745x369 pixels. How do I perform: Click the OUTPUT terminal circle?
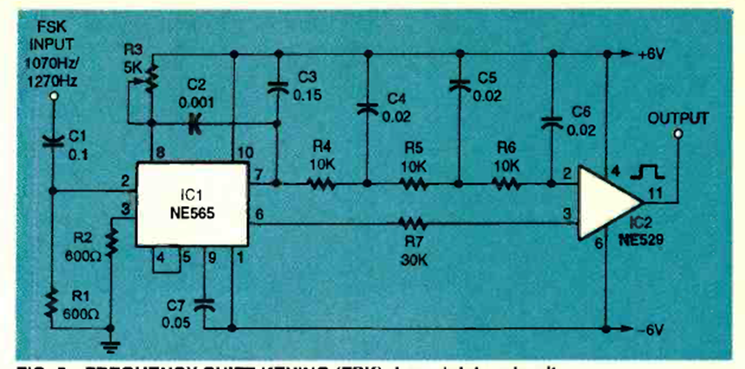click(679, 134)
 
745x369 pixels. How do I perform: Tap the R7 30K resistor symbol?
click(412, 223)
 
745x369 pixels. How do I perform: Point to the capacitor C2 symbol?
click(193, 124)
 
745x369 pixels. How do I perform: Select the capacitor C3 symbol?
click(277, 87)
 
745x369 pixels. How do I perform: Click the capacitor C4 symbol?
click(367, 107)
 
